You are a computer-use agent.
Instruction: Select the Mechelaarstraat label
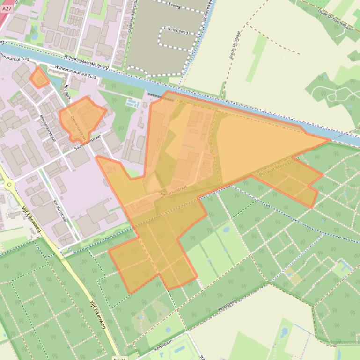pyautogui.click(x=48, y=128)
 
